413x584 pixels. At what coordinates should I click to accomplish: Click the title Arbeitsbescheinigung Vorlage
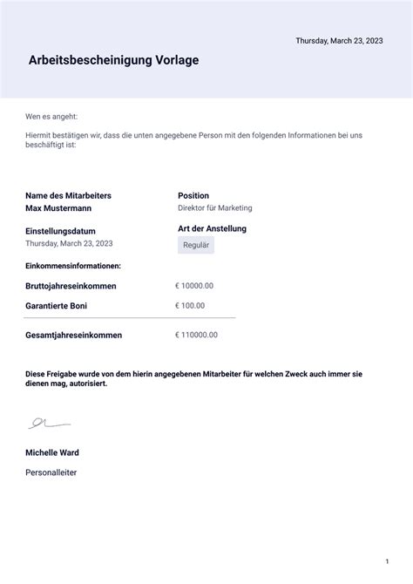(113, 61)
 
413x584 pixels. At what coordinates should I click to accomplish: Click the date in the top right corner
(339, 41)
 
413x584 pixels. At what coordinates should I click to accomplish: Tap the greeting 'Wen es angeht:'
(52, 116)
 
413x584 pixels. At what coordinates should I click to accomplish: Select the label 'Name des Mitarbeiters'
(68, 196)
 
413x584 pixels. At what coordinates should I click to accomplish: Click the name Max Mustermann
(58, 209)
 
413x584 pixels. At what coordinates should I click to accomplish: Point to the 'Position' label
(193, 196)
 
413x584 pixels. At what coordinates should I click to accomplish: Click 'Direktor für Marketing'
(215, 208)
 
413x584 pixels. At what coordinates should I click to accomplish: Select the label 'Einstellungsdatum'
(60, 231)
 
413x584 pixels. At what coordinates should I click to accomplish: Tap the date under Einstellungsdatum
(70, 243)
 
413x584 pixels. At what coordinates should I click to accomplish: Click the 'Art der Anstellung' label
(212, 228)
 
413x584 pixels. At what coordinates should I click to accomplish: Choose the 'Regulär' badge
(196, 246)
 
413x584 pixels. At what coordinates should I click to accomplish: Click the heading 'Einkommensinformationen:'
(73, 265)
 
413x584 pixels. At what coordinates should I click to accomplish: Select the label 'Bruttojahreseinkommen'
(71, 286)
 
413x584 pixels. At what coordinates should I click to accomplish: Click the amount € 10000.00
(194, 285)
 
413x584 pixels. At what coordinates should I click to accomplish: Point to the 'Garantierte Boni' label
(57, 306)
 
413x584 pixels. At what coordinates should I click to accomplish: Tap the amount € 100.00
(190, 306)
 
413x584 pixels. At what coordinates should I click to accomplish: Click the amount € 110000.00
(196, 335)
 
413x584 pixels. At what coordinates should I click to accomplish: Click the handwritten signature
(48, 424)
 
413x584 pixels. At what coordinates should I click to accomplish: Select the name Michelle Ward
(52, 453)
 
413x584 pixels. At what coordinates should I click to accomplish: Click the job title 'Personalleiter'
(51, 472)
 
